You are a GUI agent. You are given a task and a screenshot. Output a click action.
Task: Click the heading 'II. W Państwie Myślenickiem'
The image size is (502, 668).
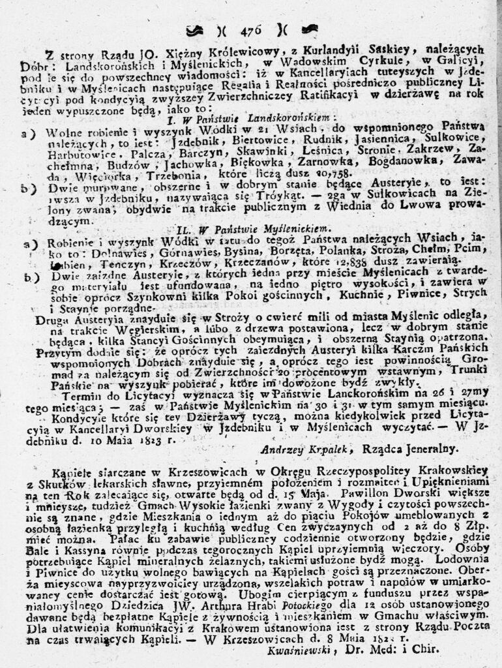point(254,229)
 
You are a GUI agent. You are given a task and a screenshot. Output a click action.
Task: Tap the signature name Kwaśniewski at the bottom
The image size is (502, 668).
point(301,649)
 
